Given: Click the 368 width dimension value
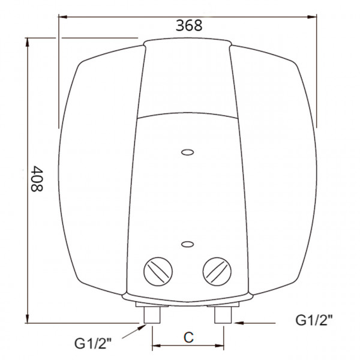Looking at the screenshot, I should pyautogui.click(x=189, y=25).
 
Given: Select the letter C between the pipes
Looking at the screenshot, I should pyautogui.click(x=188, y=337).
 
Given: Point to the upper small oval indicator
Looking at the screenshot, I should pyautogui.click(x=187, y=152).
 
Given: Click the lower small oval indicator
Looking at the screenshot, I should pyautogui.click(x=187, y=244).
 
